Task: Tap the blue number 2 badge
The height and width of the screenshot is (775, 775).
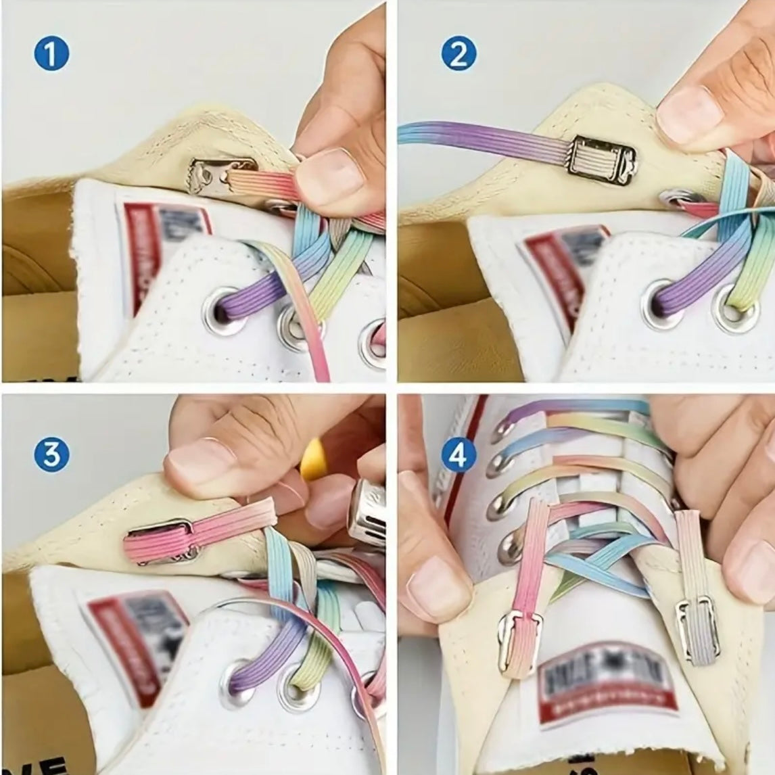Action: tap(458, 54)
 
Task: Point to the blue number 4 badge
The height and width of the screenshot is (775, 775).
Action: tap(458, 455)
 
